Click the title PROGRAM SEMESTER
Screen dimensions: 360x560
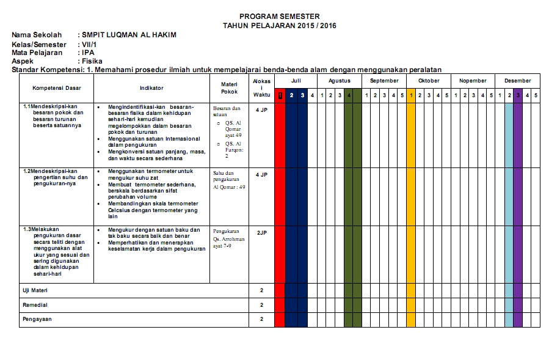[x=279, y=17]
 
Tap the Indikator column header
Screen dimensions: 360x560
[x=151, y=88]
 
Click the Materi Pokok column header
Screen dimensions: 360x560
[x=229, y=88]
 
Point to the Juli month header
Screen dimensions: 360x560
[x=296, y=81]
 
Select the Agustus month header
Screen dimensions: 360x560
[x=340, y=81]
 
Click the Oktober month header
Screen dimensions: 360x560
[x=429, y=81]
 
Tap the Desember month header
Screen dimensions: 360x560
[x=517, y=81]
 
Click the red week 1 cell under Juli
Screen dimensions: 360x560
[x=280, y=95]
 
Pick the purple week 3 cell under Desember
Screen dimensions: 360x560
[x=518, y=95]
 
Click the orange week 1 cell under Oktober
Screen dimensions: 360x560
[x=411, y=95]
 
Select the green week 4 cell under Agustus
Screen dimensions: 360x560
[x=349, y=95]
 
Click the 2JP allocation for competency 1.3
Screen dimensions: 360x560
[x=261, y=233]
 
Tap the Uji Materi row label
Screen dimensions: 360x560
[x=35, y=290]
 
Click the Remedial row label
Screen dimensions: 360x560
[x=35, y=304]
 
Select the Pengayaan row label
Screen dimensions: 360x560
[x=37, y=319]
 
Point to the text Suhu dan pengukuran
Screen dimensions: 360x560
[x=226, y=177]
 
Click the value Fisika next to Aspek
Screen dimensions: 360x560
[x=92, y=61]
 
